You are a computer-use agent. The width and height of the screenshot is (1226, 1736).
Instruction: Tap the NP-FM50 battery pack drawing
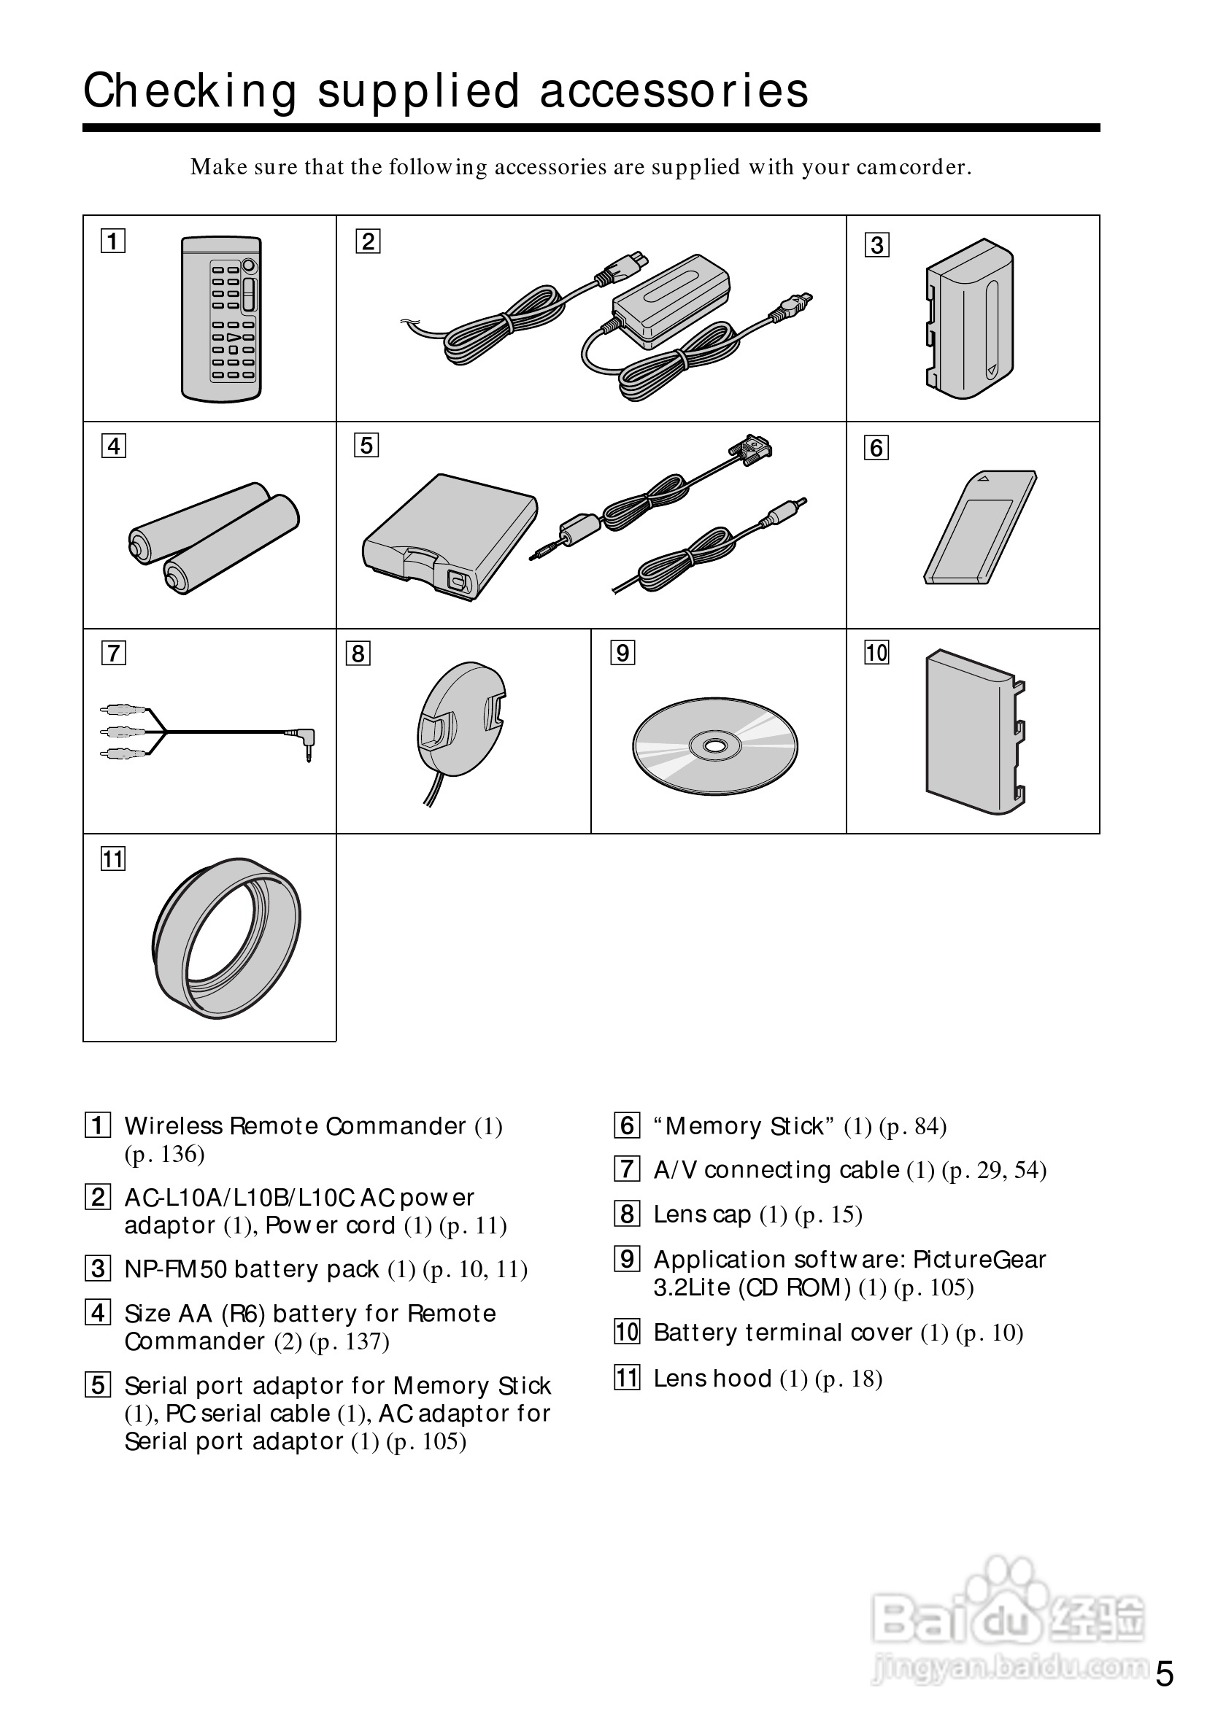click(x=969, y=318)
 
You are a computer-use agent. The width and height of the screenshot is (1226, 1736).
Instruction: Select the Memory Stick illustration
click(x=980, y=528)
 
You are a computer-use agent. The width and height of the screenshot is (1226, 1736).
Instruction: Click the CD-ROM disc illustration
click(x=714, y=745)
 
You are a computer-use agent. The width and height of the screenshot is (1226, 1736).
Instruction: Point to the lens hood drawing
click(x=227, y=937)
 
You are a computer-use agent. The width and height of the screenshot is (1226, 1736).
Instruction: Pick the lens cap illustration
click(x=460, y=720)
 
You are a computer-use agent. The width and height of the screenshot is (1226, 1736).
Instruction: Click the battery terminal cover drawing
click(x=973, y=732)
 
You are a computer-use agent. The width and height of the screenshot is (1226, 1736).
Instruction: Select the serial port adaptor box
click(x=450, y=537)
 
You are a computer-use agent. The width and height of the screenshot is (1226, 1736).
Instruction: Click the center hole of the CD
click(x=714, y=746)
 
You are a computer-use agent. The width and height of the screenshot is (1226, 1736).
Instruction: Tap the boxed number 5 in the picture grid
click(x=366, y=446)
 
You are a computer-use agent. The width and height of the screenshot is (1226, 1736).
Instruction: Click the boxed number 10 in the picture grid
click(x=876, y=653)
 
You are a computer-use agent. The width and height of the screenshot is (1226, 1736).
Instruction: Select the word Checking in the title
click(x=190, y=91)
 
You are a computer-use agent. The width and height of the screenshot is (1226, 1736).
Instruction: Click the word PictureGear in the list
click(x=979, y=1259)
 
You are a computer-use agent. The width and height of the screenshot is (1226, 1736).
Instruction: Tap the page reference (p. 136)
click(x=165, y=1155)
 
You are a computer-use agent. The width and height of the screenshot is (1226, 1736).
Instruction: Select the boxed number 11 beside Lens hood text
click(x=627, y=1378)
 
